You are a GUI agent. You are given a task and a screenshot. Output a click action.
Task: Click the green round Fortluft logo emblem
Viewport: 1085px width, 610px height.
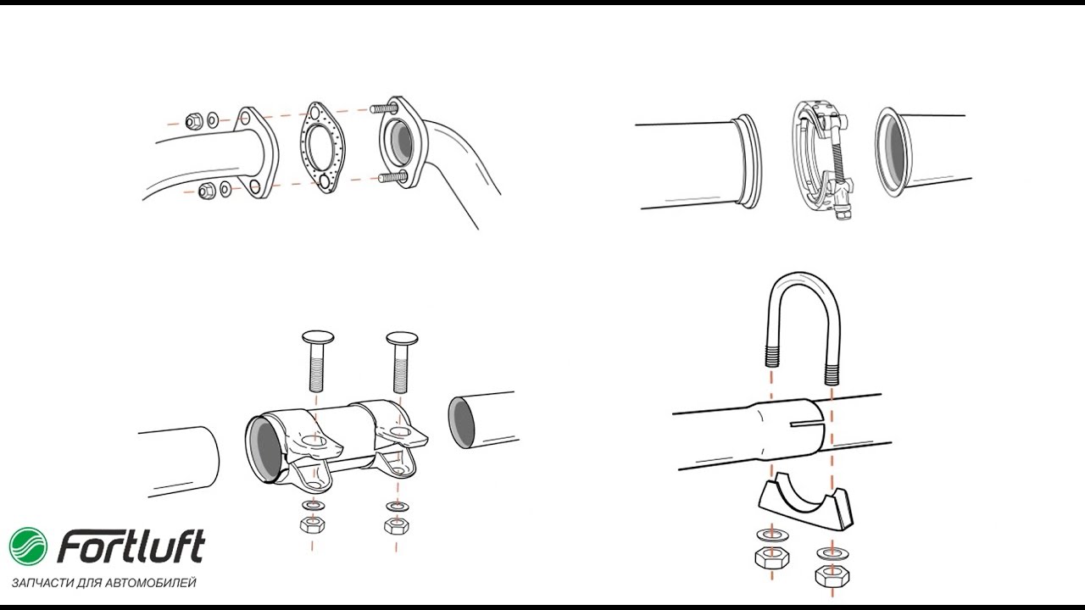pos(29,546)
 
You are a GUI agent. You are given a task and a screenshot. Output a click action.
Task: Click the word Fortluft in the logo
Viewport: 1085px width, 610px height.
pos(131,547)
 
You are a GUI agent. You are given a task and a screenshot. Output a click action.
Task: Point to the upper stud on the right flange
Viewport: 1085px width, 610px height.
pos(384,108)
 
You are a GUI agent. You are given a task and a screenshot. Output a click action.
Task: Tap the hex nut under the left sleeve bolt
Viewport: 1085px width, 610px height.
pos(313,524)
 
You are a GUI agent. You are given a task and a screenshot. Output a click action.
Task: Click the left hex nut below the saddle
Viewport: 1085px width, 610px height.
pos(771,557)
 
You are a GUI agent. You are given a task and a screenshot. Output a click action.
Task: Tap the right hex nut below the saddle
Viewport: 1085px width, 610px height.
pos(832,575)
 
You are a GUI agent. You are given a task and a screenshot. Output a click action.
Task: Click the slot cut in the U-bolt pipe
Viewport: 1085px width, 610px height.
pos(805,424)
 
